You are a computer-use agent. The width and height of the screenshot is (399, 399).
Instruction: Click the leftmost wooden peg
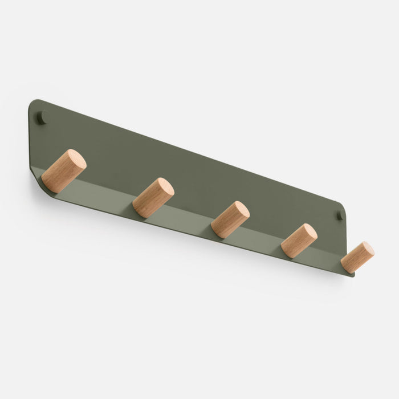[63, 171]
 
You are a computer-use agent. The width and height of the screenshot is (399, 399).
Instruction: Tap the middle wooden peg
[230, 219]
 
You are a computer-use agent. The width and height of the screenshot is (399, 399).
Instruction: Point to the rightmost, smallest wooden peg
[357, 257]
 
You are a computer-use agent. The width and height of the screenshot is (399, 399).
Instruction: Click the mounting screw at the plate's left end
[41, 118]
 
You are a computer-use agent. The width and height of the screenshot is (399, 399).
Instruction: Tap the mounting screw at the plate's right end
[339, 215]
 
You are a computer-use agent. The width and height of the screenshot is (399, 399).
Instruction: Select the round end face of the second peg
[165, 187]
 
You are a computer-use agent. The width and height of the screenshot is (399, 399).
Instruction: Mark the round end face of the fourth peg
[309, 232]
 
